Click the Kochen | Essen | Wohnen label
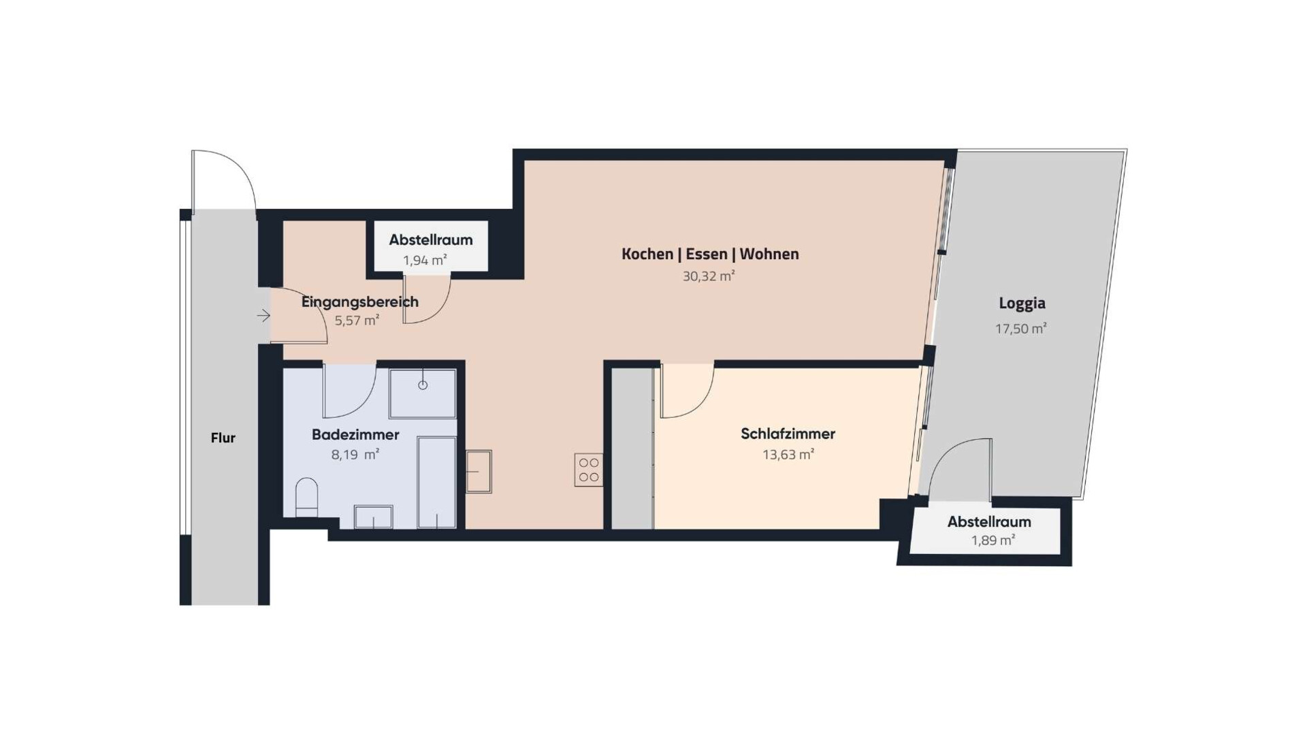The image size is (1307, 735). pyautogui.click(x=710, y=254)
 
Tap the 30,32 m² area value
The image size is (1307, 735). pyautogui.click(x=709, y=276)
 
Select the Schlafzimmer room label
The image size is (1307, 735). pyautogui.click(x=788, y=434)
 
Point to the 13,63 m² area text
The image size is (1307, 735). pyautogui.click(x=788, y=455)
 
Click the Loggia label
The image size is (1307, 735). pyautogui.click(x=1022, y=304)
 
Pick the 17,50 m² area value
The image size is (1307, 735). pyautogui.click(x=1020, y=329)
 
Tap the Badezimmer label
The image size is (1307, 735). pyautogui.click(x=355, y=434)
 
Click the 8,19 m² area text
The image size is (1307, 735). pyautogui.click(x=355, y=455)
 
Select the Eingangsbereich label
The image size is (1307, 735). pyautogui.click(x=360, y=301)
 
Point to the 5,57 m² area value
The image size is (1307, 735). pyautogui.click(x=357, y=321)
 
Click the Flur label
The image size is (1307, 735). pyautogui.click(x=223, y=438)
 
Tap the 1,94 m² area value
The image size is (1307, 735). pyautogui.click(x=425, y=260)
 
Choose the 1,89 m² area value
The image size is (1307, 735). pyautogui.click(x=993, y=540)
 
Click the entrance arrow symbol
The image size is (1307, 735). pyautogui.click(x=263, y=316)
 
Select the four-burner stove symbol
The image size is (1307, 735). pyautogui.click(x=588, y=470)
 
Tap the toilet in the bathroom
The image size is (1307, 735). pyautogui.click(x=307, y=497)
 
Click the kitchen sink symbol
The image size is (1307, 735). pyautogui.click(x=479, y=471)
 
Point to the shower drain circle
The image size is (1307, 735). pyautogui.click(x=423, y=385)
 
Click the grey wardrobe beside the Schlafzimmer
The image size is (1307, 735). pyautogui.click(x=632, y=448)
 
